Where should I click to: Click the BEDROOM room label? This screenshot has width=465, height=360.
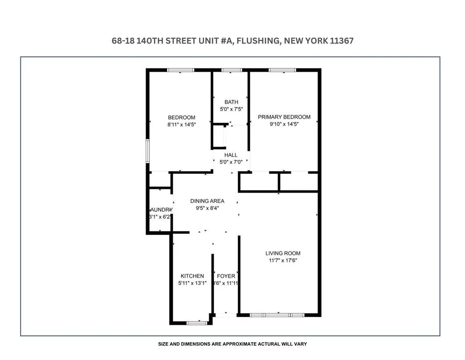(x=181, y=117)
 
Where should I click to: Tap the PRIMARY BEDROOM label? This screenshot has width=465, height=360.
(x=284, y=117)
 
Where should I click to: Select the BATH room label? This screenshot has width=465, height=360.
(x=231, y=102)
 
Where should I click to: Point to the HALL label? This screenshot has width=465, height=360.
(x=231, y=155)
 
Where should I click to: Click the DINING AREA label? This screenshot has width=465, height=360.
(x=207, y=201)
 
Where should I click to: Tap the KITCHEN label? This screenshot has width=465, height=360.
(x=192, y=276)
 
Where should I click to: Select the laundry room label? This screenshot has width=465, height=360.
(x=161, y=210)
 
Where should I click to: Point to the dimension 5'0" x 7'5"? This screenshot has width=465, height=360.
(x=231, y=109)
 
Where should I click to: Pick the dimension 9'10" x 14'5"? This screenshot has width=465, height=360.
(x=284, y=125)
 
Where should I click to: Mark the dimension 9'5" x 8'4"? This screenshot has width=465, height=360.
(x=207, y=209)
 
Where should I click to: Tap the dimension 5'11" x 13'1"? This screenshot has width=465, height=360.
(x=192, y=284)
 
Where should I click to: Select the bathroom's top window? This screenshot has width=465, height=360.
(x=229, y=70)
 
